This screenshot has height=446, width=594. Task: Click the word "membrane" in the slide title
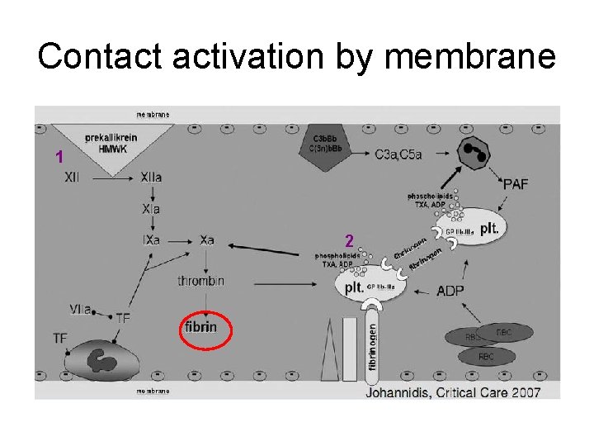coord(469,56)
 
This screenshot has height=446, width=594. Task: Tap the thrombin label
coord(200,282)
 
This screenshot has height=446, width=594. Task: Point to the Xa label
coord(206,240)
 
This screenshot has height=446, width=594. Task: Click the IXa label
coord(150,240)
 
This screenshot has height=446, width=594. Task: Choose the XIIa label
coord(151,177)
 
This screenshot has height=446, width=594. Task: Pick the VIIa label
coord(81,309)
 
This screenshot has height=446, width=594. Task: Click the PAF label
coord(516,184)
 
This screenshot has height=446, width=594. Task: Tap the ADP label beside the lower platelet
coord(450,291)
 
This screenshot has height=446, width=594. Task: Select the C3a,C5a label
coord(398,154)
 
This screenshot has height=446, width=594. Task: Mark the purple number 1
coord(58,157)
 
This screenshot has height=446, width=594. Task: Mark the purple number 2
coord(350,241)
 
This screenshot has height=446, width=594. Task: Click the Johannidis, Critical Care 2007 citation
coord(464,391)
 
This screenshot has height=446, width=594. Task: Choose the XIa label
coord(150,209)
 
